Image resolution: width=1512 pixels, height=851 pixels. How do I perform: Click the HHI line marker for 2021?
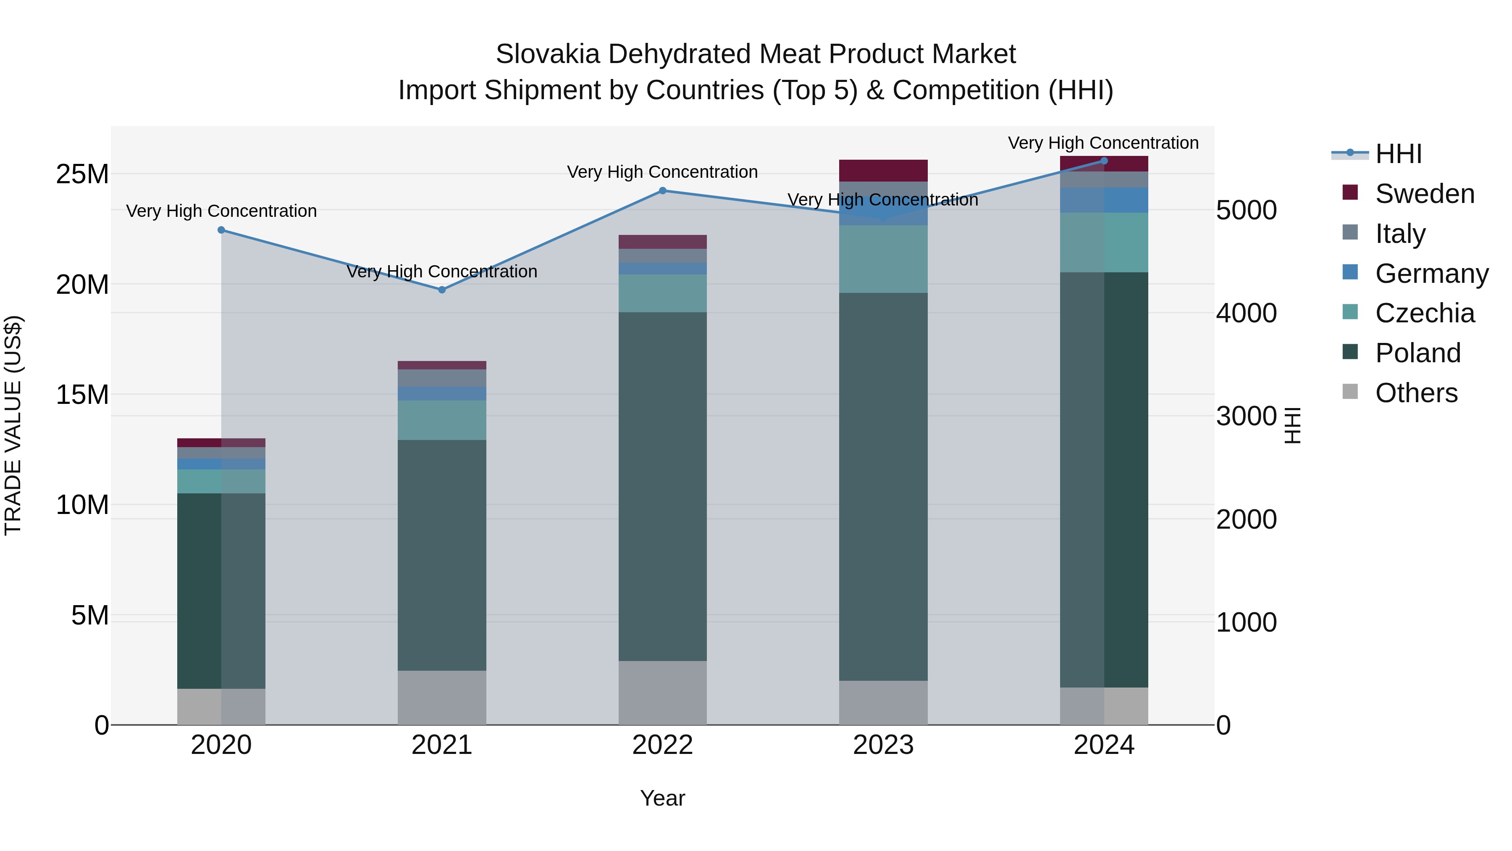[442, 290]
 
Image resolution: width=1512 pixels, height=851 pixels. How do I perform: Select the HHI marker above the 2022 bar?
[663, 190]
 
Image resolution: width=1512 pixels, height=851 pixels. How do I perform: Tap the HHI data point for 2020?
[221, 229]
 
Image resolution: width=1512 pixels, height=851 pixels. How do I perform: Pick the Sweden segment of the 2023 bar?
[883, 170]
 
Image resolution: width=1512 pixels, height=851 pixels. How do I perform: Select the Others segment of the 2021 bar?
[442, 697]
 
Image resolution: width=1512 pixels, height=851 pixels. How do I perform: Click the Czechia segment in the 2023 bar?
[883, 259]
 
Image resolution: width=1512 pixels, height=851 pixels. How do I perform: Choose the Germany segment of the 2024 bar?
[1104, 200]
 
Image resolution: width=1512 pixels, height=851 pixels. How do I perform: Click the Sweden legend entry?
[1425, 194]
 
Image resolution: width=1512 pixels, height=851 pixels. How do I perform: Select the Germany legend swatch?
[1350, 272]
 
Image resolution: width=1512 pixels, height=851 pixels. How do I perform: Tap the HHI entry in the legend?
[1398, 154]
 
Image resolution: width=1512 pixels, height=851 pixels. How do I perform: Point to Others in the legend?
[1416, 393]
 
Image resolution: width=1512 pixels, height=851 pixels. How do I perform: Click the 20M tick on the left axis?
[83, 285]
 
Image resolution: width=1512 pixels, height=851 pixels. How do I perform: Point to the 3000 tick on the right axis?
[1246, 416]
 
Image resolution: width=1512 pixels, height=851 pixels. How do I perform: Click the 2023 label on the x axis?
[883, 745]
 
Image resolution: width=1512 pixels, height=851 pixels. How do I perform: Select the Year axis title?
[663, 798]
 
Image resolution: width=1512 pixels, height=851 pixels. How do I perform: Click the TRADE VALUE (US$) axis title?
[13, 425]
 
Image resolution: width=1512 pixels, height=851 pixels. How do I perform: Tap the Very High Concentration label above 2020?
[221, 211]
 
